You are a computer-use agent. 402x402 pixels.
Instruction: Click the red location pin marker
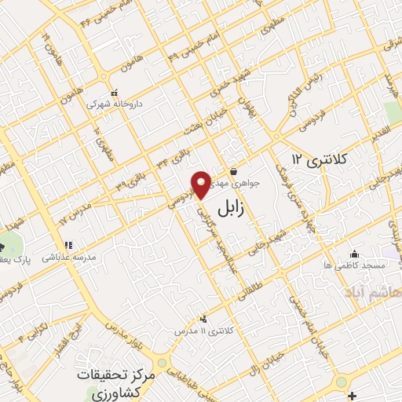(x=202, y=184)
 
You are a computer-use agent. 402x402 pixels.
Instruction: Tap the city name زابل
(x=235, y=208)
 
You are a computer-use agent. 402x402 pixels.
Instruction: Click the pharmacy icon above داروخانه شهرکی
(x=115, y=92)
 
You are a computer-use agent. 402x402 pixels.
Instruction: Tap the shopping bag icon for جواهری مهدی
(x=233, y=173)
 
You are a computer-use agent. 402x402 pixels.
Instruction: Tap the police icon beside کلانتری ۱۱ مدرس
(x=203, y=319)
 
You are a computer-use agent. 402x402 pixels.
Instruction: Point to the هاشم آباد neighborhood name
(x=372, y=292)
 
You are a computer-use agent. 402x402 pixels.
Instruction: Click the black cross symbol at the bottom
(x=353, y=394)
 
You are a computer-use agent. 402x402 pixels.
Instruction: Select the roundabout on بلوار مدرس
(x=162, y=364)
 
